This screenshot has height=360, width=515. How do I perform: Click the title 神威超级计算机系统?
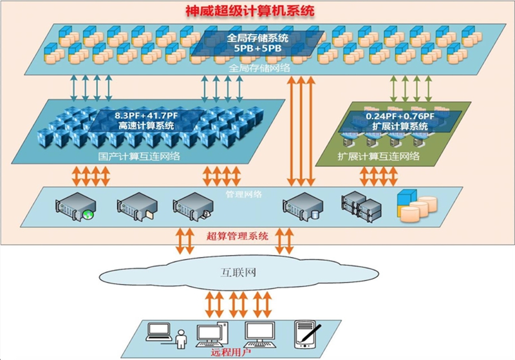point(257,12)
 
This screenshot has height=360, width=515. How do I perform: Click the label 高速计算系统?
point(146,126)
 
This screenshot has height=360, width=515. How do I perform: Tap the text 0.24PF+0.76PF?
point(400,116)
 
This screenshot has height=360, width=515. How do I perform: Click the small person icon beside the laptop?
point(182,337)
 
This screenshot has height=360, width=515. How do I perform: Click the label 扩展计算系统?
point(400,126)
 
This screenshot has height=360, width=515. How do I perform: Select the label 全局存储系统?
point(257,38)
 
